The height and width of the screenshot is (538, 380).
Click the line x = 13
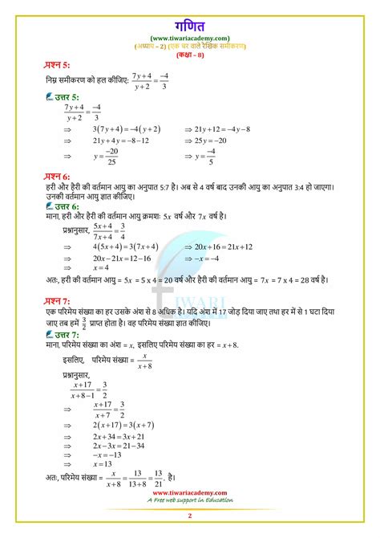(104, 464)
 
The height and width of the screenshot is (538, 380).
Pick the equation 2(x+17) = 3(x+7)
(123, 424)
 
